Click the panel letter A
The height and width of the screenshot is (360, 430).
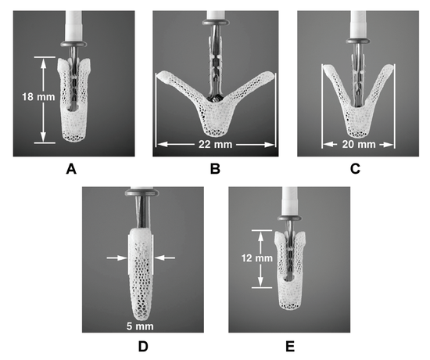point(71,169)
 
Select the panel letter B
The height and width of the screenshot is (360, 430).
point(215,169)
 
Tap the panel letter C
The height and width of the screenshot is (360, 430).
point(355,169)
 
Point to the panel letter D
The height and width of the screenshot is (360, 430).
point(143,347)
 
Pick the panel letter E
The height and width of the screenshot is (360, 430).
point(290,347)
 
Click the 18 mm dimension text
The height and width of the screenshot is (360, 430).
point(38,97)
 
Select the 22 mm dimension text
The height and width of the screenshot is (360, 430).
point(215,144)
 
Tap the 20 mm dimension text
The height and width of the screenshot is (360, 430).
point(359,144)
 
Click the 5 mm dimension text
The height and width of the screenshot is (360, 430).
point(140,326)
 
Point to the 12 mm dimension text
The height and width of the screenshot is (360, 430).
point(257,258)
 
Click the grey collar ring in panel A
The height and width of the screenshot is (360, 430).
point(73,43)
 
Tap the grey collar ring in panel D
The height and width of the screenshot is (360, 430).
point(142,193)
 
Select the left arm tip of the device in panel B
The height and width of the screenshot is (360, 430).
point(159,74)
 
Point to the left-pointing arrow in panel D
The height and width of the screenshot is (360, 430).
point(165,257)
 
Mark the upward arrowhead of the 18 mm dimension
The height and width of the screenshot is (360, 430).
point(43,63)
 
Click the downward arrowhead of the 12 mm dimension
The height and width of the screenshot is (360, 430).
point(260,282)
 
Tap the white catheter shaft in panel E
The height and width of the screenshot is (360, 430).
point(289,201)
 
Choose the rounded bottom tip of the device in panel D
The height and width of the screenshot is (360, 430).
point(140,319)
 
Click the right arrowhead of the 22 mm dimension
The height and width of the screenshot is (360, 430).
point(270,145)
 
